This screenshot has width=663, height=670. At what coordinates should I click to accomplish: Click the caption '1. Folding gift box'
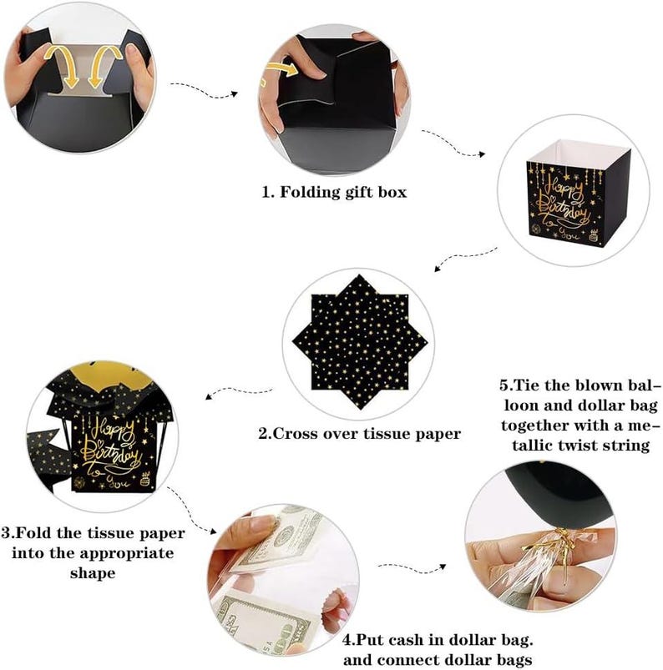(x=334, y=192)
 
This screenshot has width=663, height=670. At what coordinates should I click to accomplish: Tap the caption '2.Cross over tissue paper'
(x=359, y=434)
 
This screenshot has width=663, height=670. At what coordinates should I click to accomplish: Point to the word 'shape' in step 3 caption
(x=93, y=573)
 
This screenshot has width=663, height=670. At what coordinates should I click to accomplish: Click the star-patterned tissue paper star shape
(x=360, y=342)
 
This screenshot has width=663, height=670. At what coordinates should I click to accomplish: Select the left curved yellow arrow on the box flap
(x=67, y=64)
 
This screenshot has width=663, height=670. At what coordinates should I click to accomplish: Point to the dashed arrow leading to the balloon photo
(x=412, y=568)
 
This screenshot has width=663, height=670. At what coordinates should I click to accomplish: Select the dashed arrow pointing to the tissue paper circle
(x=466, y=256)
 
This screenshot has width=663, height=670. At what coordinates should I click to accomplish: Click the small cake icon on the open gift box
(x=594, y=235)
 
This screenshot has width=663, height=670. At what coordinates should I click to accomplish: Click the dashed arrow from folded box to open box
(x=453, y=144)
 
